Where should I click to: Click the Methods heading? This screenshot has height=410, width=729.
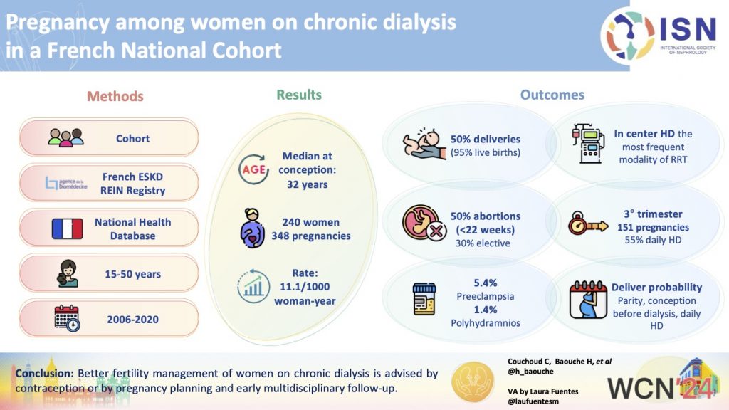pyautogui.click(x=115, y=96)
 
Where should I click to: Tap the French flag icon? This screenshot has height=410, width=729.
pyautogui.click(x=68, y=228)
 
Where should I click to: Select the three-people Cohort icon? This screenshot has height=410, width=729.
pyautogui.click(x=65, y=137)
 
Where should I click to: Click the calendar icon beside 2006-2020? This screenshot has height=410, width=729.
pyautogui.click(x=67, y=320)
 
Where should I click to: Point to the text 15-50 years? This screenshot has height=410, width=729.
pyautogui.click(x=132, y=274)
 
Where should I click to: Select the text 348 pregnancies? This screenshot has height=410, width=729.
pyautogui.click(x=310, y=236)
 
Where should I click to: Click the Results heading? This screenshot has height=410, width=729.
pyautogui.click(x=299, y=95)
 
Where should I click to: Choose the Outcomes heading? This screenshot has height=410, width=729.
pyautogui.click(x=552, y=95)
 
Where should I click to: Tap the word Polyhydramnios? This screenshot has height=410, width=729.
pyautogui.click(x=486, y=323)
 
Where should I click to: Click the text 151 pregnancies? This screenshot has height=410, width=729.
pyautogui.click(x=651, y=228)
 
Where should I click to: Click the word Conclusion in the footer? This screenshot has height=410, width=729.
pyautogui.click(x=44, y=373)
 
